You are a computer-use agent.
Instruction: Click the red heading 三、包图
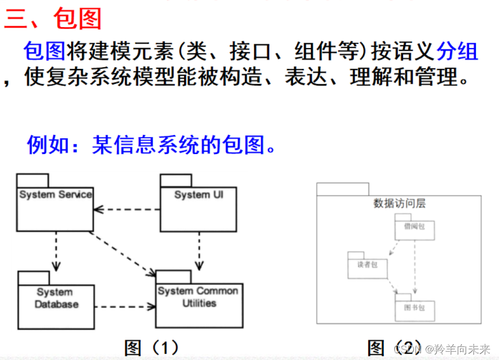[52, 19]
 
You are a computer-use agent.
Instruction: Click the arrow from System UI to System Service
[126, 209]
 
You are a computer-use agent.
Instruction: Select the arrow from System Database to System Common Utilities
[125, 307]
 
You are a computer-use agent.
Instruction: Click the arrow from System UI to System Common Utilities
[199, 251]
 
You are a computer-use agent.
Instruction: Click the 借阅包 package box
[415, 229]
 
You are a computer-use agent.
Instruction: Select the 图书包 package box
[415, 308]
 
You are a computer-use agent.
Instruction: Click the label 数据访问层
[399, 204]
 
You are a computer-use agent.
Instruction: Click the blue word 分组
[457, 52]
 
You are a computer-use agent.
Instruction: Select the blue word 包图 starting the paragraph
[44, 52]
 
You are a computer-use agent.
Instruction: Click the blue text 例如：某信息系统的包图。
[153, 145]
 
